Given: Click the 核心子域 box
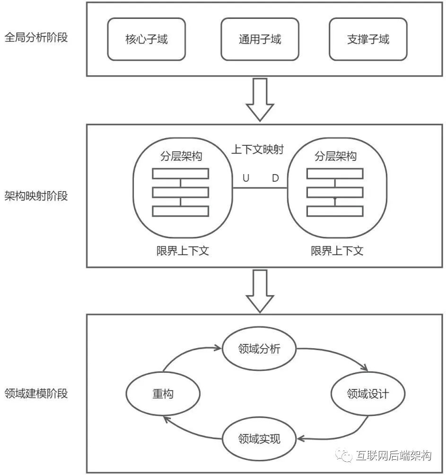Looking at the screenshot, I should point(146,39).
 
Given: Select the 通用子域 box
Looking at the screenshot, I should point(260,39).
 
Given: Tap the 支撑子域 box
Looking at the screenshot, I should point(368,39).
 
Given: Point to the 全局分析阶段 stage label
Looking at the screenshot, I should point(36,37).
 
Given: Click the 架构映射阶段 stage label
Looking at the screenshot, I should point(36,195).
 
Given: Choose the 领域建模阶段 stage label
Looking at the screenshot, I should point(36,393).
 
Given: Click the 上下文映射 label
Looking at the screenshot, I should point(257,150).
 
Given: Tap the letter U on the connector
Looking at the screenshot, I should point(246,178).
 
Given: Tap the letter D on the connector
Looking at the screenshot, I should point(275,178).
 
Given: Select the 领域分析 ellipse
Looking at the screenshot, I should point(259,349).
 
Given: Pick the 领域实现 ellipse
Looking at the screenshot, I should point(259,439).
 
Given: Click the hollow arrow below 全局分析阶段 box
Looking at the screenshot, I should point(260,99).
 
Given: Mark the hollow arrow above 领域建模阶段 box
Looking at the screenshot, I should point(260,291).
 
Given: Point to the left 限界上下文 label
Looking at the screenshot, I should point(183,251).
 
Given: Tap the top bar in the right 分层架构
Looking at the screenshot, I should point(335,174).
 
